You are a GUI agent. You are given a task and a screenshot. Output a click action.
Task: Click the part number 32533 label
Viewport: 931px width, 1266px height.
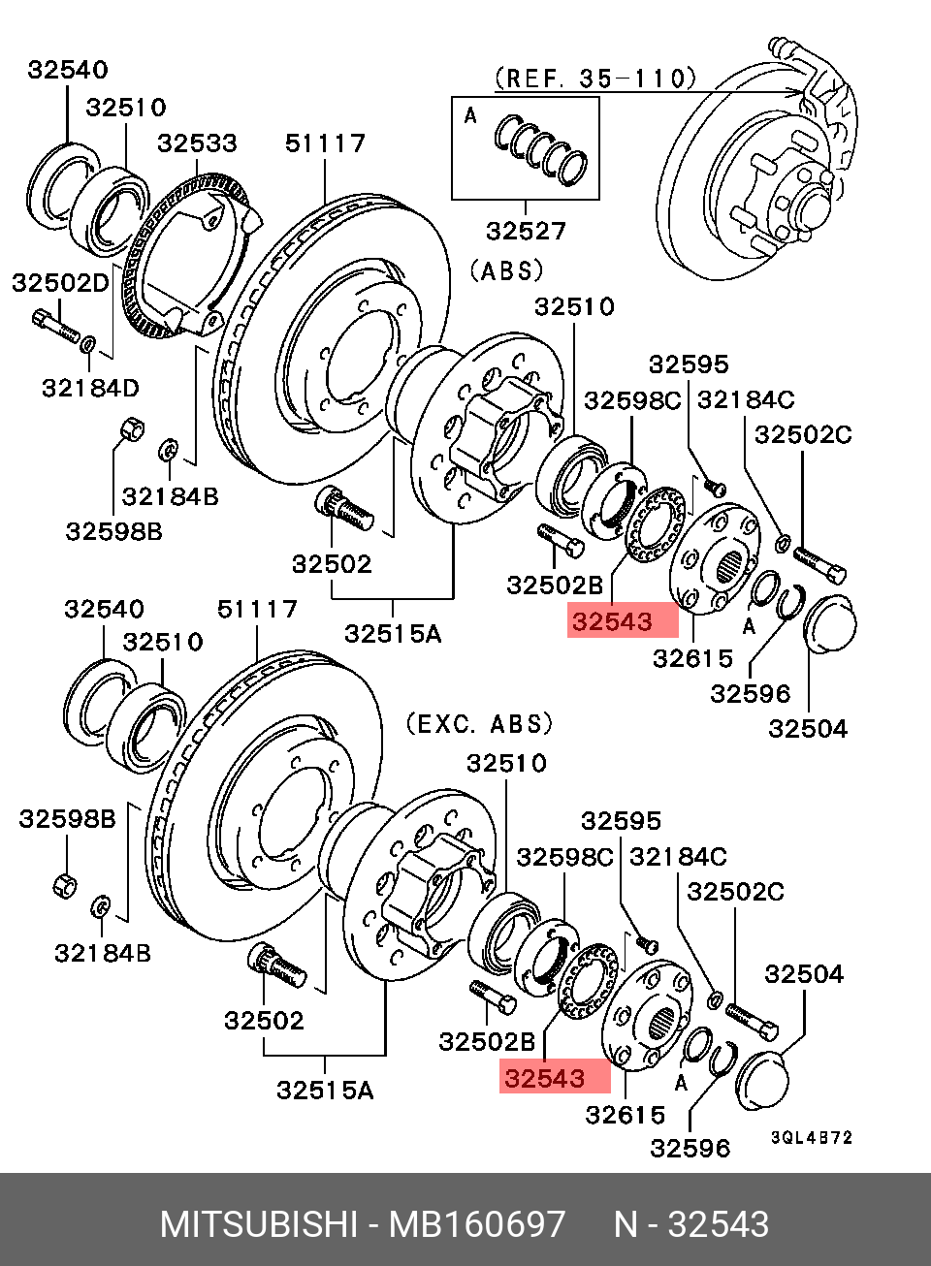[x=197, y=143]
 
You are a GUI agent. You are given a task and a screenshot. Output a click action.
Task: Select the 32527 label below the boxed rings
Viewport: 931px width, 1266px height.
[x=526, y=231]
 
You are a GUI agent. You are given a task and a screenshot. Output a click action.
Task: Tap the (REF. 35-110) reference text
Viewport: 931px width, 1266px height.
[x=595, y=78]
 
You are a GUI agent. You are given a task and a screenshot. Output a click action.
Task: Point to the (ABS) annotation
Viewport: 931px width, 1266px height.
[x=506, y=270]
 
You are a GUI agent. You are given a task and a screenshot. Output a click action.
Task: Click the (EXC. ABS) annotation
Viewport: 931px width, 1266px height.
[x=479, y=723]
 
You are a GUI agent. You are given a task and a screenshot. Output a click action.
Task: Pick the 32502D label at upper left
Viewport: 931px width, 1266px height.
[x=60, y=283]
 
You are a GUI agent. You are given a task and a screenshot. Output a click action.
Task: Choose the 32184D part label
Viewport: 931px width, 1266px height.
[x=90, y=389]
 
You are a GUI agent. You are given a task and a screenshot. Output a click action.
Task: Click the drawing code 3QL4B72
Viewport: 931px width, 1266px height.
[x=811, y=1137]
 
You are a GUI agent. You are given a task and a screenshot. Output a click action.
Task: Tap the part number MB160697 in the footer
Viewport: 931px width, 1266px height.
[x=476, y=1224]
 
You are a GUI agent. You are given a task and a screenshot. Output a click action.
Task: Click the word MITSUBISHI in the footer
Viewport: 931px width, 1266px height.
[x=258, y=1224]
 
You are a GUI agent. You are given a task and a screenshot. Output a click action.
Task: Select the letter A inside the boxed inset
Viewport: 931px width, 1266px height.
[x=470, y=116]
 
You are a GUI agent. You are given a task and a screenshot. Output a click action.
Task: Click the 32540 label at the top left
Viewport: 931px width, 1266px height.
[x=68, y=70]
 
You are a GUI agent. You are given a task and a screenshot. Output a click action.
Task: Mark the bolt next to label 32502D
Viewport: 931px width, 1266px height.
[x=55, y=326]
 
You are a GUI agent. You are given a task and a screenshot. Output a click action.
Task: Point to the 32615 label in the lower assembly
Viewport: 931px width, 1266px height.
[x=625, y=1115]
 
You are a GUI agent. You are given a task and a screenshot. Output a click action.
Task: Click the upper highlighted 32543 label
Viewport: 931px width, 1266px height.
[x=612, y=622]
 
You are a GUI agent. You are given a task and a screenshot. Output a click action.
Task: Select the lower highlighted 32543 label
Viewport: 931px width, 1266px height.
[x=544, y=1079]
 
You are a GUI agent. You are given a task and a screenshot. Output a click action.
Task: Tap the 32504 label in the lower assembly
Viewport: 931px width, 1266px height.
[x=804, y=974]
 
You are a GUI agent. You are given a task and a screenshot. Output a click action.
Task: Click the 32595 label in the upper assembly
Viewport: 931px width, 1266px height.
[x=689, y=364]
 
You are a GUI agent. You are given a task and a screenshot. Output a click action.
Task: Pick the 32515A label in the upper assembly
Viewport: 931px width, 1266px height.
[x=393, y=634]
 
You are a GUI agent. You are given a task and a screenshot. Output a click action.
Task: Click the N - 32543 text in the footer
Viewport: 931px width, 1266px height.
[x=691, y=1224]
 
